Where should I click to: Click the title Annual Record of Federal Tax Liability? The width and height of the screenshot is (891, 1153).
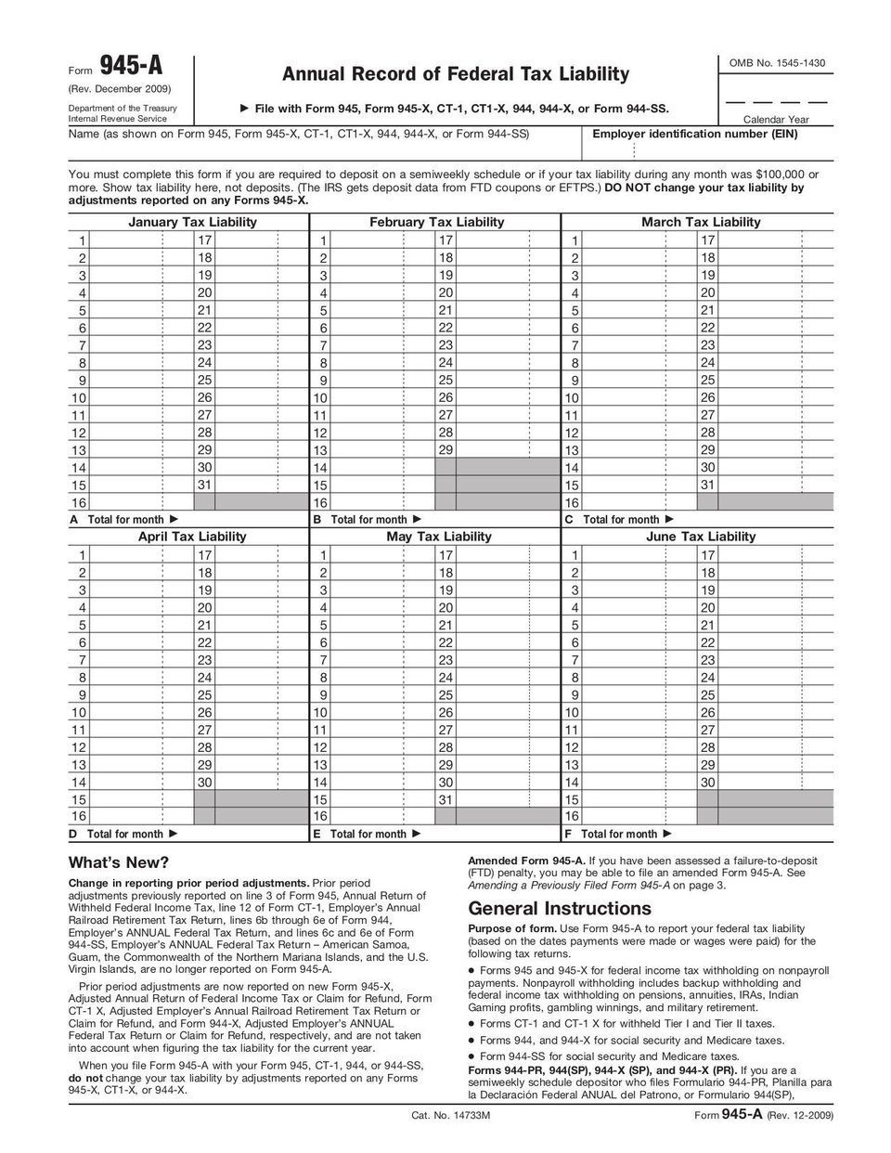455,73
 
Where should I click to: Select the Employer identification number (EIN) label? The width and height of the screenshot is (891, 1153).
694,134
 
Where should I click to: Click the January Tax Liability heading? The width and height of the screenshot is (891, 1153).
192,222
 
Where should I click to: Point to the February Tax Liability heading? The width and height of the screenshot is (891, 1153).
436,222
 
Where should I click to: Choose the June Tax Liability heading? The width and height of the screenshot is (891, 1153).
701,537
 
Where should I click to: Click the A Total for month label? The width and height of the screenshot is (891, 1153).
124,520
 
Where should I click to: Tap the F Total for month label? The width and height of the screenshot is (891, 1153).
618,835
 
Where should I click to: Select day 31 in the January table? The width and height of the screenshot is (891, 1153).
205,485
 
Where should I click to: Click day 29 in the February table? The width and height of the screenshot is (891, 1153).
445,450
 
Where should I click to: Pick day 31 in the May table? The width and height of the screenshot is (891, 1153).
445,799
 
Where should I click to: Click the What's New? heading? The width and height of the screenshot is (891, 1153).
119,862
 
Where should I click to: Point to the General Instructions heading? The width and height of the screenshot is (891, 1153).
560,908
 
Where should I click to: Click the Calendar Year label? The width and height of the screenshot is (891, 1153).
776,120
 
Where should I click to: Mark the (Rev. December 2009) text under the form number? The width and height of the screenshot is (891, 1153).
119,89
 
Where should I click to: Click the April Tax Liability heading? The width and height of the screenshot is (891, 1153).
192,537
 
